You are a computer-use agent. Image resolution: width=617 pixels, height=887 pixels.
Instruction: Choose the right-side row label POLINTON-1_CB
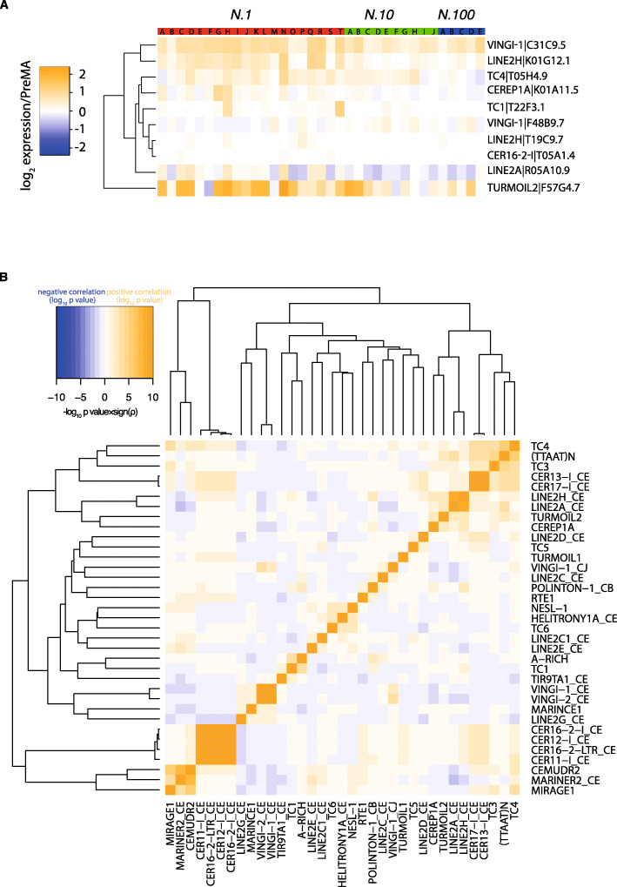pos(568,588)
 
